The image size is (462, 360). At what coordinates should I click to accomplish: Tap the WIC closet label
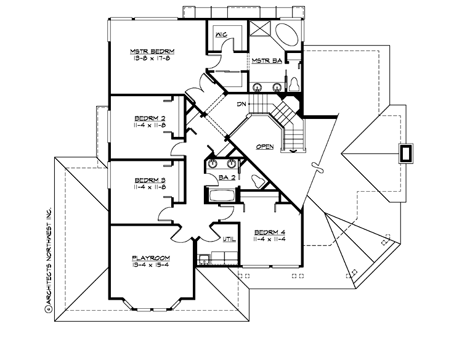coord(222,35)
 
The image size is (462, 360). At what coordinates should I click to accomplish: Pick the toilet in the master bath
coord(294,84)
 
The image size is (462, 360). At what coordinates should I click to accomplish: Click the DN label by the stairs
coord(242,105)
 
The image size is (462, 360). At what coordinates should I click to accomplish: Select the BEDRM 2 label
coord(147,117)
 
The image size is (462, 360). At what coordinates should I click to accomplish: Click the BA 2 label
coord(226,178)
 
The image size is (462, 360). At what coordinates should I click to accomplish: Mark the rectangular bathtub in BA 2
coord(221,196)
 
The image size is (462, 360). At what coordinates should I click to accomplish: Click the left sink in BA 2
coord(213,164)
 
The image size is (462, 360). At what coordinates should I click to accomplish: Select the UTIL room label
coord(228,238)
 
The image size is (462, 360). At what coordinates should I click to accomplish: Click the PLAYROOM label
coord(150,258)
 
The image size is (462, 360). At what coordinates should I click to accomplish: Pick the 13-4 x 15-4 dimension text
coord(150,265)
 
